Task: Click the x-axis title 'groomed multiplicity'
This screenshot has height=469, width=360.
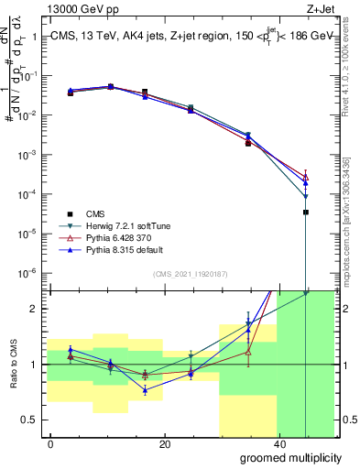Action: click(x=289, y=456)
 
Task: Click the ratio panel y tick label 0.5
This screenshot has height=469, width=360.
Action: click(x=32, y=420)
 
